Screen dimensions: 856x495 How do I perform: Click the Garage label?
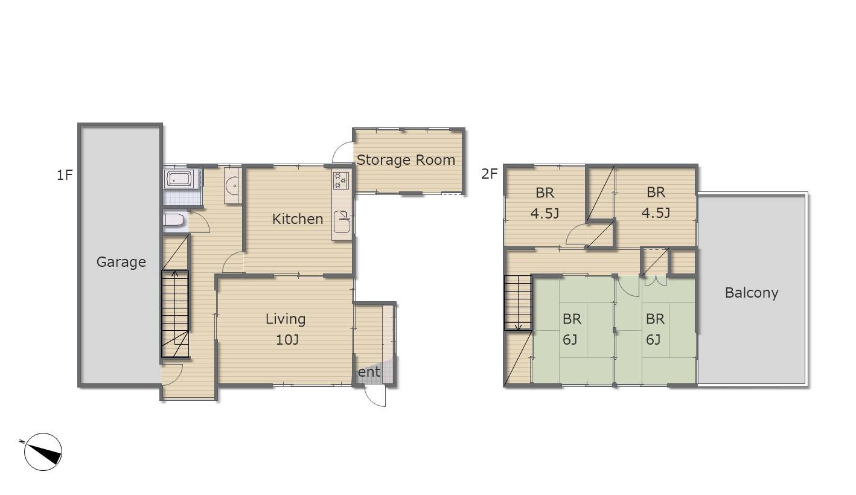click(121, 262)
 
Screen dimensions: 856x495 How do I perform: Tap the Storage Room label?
click(406, 160)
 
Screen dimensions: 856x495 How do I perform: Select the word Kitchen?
click(298, 219)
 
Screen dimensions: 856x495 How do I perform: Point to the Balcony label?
click(752, 293)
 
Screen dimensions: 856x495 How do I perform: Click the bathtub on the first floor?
click(179, 179)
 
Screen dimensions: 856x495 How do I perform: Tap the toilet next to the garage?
click(173, 220)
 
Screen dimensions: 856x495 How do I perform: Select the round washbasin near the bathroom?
click(232, 186)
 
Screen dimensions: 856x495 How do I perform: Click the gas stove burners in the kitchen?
click(340, 180)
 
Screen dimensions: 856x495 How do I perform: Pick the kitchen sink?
click(342, 222)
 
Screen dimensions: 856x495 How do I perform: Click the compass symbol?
click(43, 452)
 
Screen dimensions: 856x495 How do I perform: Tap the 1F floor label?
click(65, 175)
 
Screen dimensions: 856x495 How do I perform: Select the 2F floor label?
click(490, 174)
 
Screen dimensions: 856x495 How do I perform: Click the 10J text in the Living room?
click(287, 339)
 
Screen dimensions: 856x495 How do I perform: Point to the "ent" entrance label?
click(369, 371)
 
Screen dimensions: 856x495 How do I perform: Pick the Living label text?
click(286, 319)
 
